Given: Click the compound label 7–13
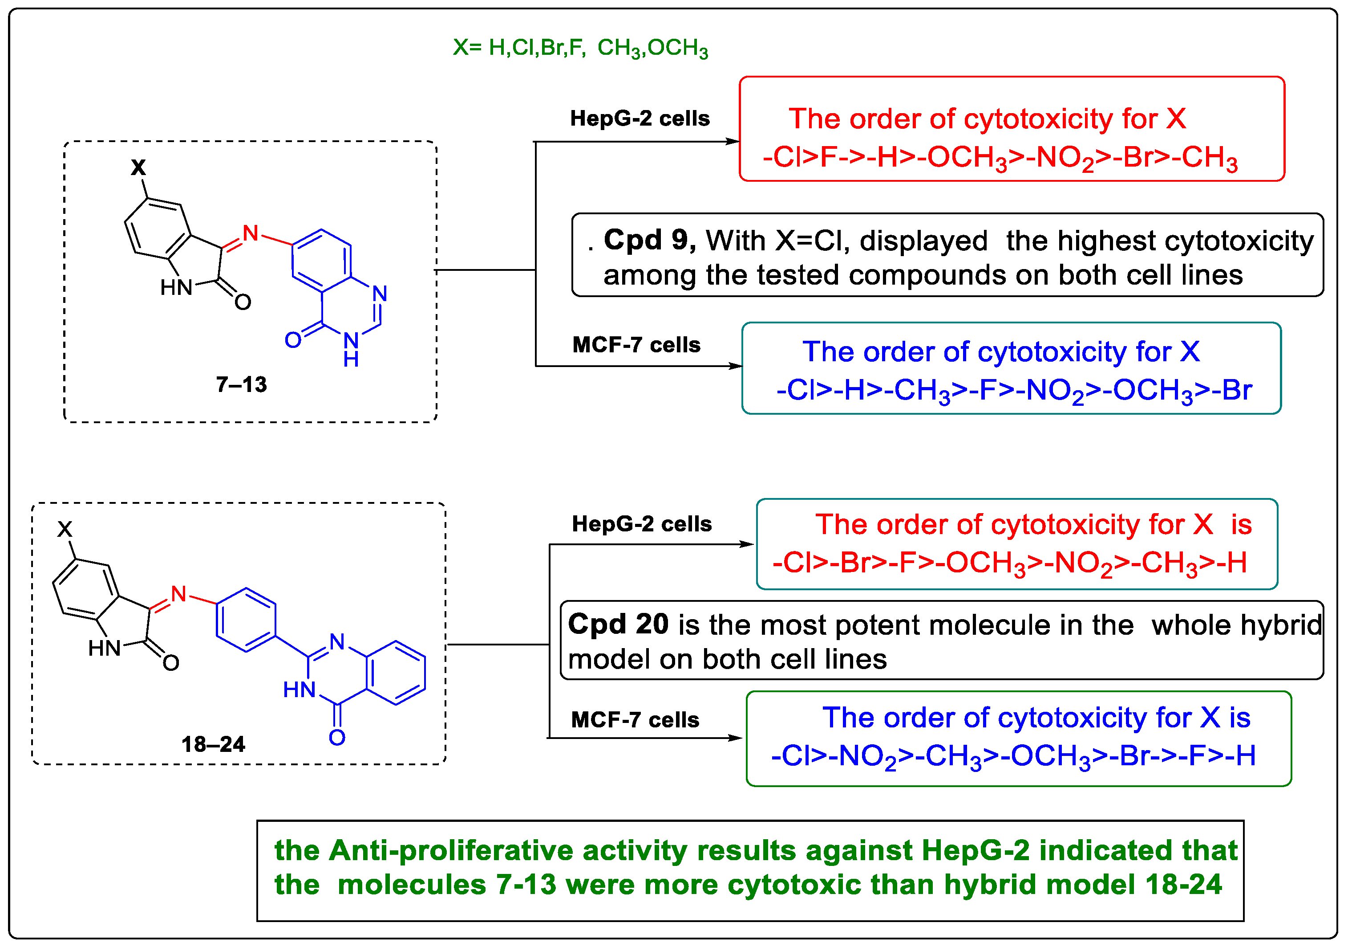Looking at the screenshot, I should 241,385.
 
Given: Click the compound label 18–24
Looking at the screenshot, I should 213,745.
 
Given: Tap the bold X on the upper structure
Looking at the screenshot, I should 138,167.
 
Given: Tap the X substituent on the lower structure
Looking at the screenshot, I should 65,529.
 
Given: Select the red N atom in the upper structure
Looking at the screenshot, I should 251,233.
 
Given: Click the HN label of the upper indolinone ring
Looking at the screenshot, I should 176,288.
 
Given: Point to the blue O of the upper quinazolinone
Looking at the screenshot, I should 292,339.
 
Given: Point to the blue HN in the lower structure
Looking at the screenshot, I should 299,690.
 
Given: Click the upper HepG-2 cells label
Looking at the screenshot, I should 640,118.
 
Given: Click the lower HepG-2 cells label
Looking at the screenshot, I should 642,524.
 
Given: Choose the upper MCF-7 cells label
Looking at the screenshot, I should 636,345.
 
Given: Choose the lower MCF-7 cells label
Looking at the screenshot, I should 635,720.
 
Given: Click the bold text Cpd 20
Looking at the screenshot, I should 618,624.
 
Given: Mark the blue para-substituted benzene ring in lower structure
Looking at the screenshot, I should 246,620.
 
